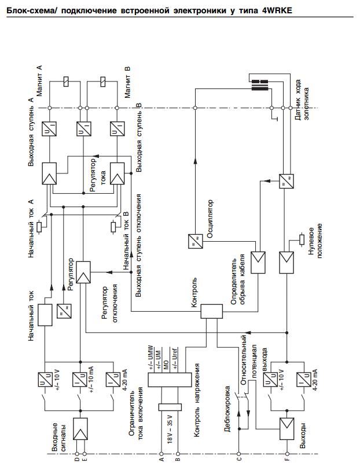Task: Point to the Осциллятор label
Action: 210,219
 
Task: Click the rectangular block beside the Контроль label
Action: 212,311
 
